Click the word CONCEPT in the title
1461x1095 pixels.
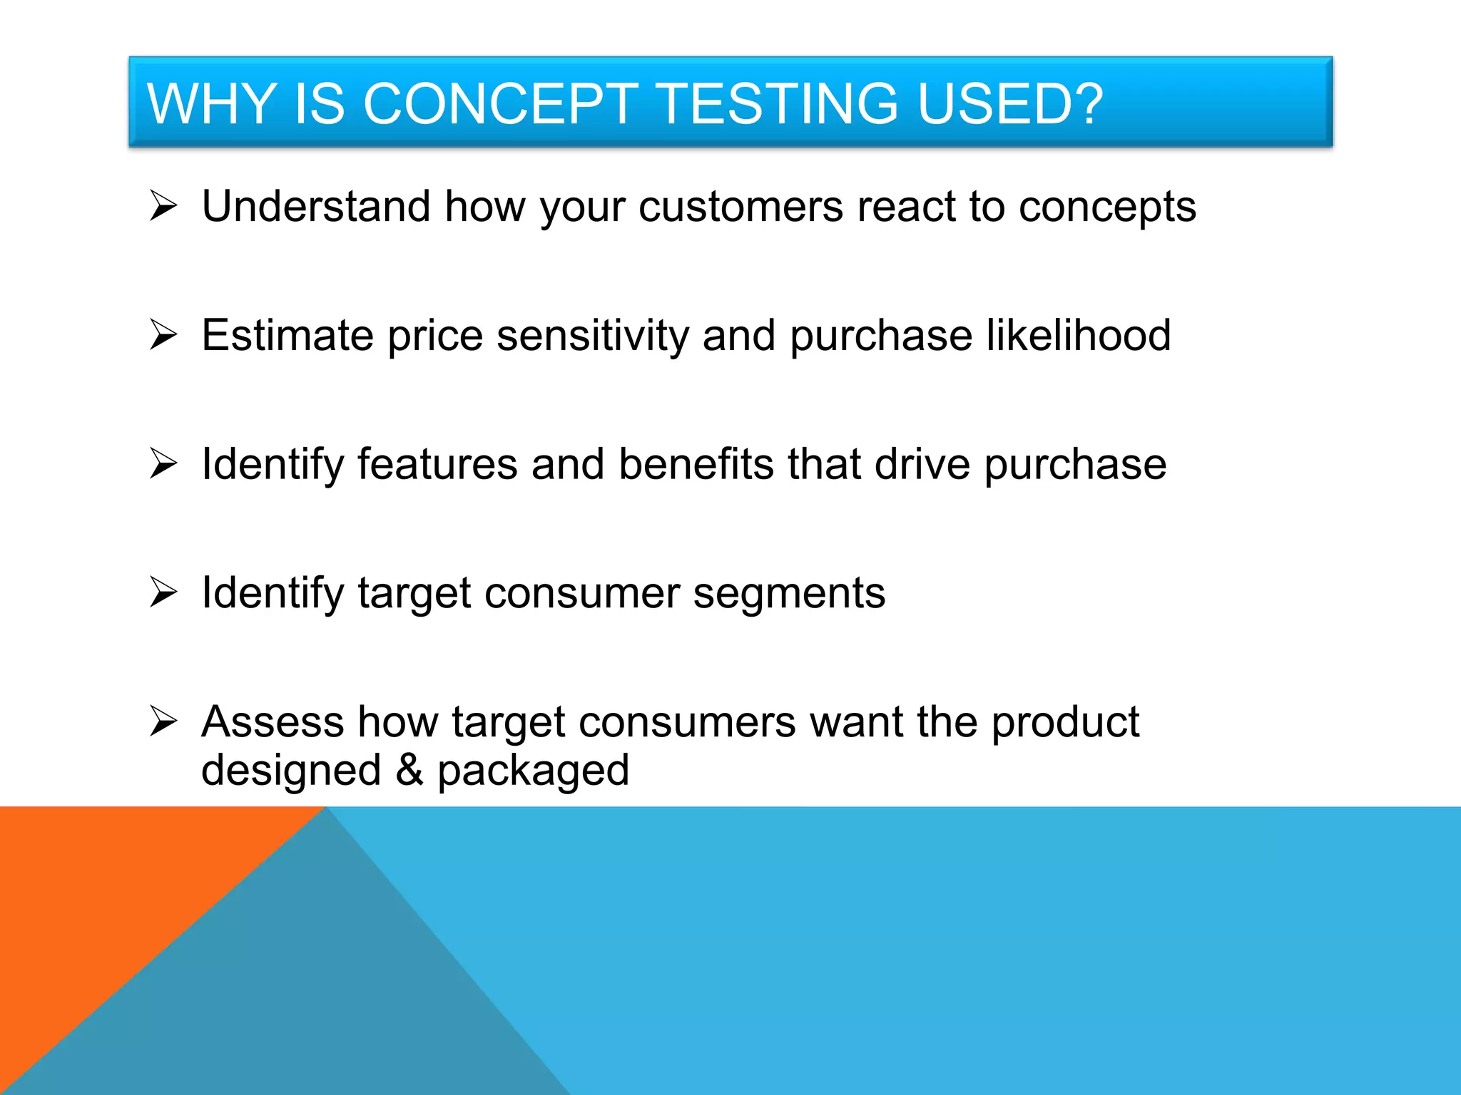(499, 104)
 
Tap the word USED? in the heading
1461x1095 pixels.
(1009, 104)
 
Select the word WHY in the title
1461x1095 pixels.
(211, 104)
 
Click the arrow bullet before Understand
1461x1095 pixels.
(163, 207)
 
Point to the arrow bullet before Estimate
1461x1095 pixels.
(163, 335)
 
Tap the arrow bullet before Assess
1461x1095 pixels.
(163, 721)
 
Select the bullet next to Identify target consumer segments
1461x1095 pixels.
(163, 592)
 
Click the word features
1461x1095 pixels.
(437, 465)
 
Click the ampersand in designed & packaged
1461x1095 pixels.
(409, 770)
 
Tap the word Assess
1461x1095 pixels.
(273, 722)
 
